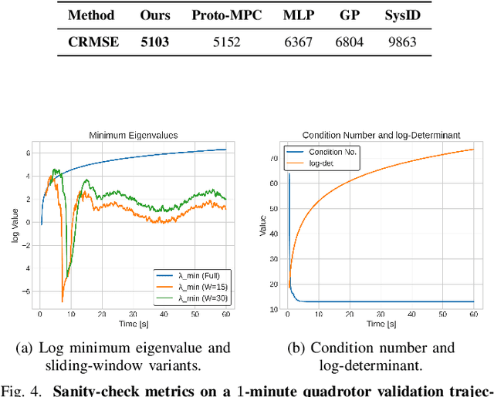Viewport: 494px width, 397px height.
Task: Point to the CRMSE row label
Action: tap(93, 41)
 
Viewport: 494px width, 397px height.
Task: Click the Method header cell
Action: tap(93, 15)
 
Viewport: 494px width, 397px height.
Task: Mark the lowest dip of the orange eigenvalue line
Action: tap(63, 301)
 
